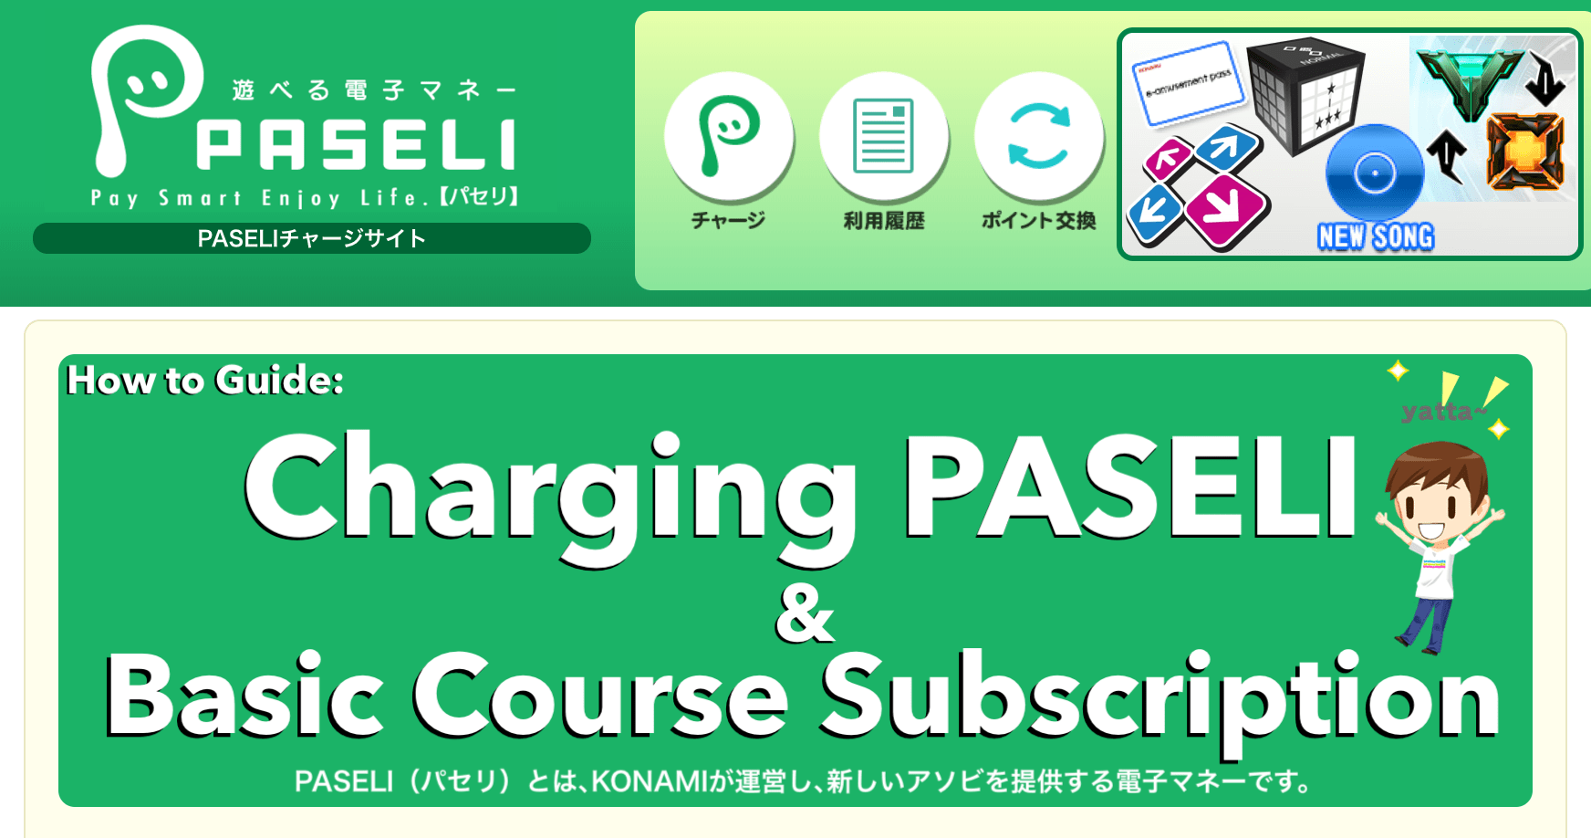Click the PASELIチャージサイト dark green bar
pos(312,238)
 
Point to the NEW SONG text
pos(1376,236)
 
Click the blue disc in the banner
pos(1374,173)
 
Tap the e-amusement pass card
pos(1189,83)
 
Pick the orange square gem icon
pos(1525,151)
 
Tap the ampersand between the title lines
pos(804,613)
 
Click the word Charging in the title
pos(550,494)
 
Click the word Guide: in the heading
pos(279,381)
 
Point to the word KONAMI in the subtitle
pos(649,781)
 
